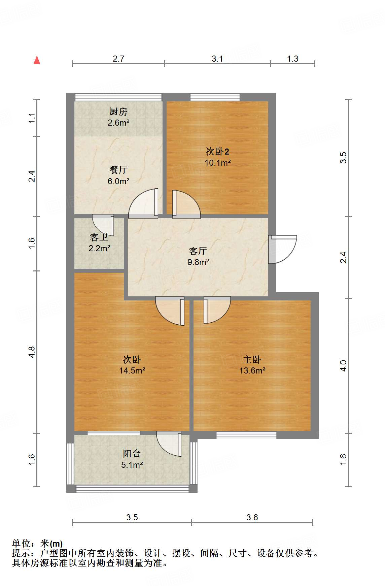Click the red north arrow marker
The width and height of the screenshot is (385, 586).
[37, 60]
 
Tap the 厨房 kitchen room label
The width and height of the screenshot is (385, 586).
[118, 111]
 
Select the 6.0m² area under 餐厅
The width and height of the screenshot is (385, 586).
[118, 182]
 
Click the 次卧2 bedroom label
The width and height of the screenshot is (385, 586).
[217, 152]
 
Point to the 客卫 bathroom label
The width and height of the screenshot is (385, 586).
[99, 237]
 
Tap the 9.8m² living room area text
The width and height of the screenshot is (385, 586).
[198, 262]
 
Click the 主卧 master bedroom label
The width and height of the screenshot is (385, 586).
[252, 360]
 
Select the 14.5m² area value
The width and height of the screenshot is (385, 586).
[132, 371]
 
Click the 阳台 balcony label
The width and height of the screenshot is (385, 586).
[132, 454]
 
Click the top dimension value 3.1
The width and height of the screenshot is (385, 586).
[217, 59]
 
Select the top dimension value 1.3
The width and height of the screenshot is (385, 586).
[292, 59]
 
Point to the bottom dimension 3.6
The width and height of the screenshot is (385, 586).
[252, 518]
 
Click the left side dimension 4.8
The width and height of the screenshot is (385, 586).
[32, 352]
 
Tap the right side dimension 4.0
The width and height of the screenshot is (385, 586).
[343, 366]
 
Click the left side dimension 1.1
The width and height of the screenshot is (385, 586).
[32, 118]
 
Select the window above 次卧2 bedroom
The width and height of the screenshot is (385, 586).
[215, 97]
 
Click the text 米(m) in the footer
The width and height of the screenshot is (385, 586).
[51, 544]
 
